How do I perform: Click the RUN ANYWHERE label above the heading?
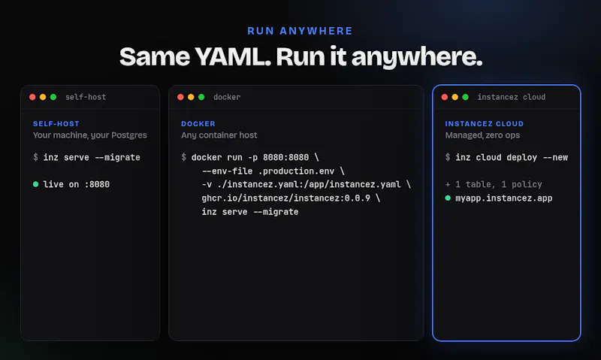point(300,31)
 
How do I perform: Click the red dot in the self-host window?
point(32,97)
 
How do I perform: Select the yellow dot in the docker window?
point(191,97)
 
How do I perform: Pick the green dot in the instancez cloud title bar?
point(465,97)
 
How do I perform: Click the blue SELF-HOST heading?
point(56,124)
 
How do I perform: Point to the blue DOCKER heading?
point(198,124)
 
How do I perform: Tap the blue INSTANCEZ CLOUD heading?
point(484,124)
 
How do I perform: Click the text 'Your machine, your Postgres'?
point(89,135)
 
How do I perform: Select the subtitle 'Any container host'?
point(219,135)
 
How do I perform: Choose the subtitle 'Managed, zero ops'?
point(482,135)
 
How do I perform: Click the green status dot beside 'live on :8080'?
point(35,184)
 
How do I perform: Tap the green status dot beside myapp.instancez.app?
point(448,198)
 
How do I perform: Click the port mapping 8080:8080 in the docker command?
point(285,158)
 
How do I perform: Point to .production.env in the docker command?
point(298,171)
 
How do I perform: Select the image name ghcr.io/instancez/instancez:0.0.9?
point(286,198)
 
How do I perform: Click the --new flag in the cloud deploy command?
point(555,158)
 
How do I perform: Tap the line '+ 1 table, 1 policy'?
point(494,184)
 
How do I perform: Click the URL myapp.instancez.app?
point(503,198)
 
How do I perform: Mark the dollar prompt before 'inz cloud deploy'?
point(448,157)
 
